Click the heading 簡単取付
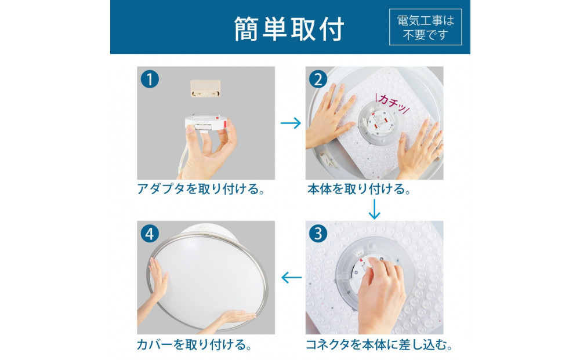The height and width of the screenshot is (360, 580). click(289, 28)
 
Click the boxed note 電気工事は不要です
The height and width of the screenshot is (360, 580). click(425, 27)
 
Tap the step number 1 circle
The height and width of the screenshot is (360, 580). click(150, 79)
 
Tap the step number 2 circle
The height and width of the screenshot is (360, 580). click(318, 79)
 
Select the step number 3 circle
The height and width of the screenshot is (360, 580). click(318, 234)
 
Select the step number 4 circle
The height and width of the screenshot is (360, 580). click(150, 234)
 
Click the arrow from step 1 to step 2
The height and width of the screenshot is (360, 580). click(291, 123)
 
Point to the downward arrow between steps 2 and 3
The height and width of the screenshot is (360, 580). click(374, 209)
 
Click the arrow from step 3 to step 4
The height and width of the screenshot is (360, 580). click(292, 278)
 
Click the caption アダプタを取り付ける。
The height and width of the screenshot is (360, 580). click(201, 189)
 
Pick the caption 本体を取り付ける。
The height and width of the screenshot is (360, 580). click(359, 189)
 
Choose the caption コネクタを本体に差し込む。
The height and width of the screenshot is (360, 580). click(379, 345)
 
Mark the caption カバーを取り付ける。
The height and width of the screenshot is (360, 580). click(194, 345)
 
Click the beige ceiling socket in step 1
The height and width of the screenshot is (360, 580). click(205, 88)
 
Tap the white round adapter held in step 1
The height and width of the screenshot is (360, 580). click(206, 122)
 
